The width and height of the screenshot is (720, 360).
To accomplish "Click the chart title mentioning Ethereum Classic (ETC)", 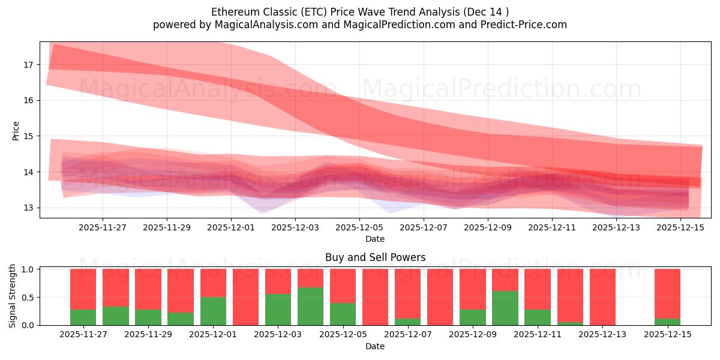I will [x=360, y=11].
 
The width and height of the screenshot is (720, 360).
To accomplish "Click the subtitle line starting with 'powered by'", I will [x=360, y=25].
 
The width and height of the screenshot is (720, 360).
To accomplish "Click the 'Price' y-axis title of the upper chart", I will [x=16, y=130].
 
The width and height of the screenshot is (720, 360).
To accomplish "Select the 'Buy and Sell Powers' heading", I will [x=375, y=257].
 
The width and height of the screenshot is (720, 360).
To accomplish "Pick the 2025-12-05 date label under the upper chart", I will [x=359, y=227].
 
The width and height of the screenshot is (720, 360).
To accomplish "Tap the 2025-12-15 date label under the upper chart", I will [x=680, y=227].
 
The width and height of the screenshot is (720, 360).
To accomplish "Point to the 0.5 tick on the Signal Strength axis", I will [x=29, y=298].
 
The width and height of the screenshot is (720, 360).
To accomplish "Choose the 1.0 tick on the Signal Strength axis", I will [x=29, y=269].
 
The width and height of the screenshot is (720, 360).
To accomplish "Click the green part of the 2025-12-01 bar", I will [x=213, y=311].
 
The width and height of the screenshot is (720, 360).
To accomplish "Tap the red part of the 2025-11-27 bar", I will [x=83, y=289].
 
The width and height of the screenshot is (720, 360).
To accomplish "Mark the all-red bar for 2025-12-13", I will [x=602, y=297].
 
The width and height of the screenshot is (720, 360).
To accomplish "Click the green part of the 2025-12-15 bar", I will [x=667, y=322].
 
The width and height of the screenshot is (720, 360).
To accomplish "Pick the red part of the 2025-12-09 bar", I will [x=472, y=289].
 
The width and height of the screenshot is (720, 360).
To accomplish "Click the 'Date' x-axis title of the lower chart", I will [x=375, y=346].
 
